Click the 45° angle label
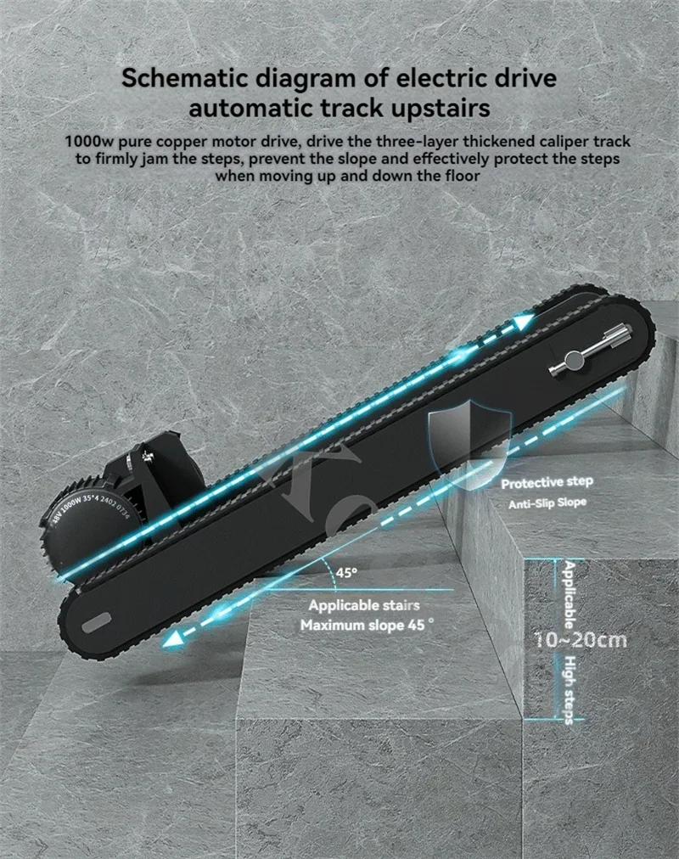tap(346, 573)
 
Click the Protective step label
tap(547, 483)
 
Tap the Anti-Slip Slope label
tap(547, 502)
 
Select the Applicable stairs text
tap(363, 606)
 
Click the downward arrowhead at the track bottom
tap(174, 643)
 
